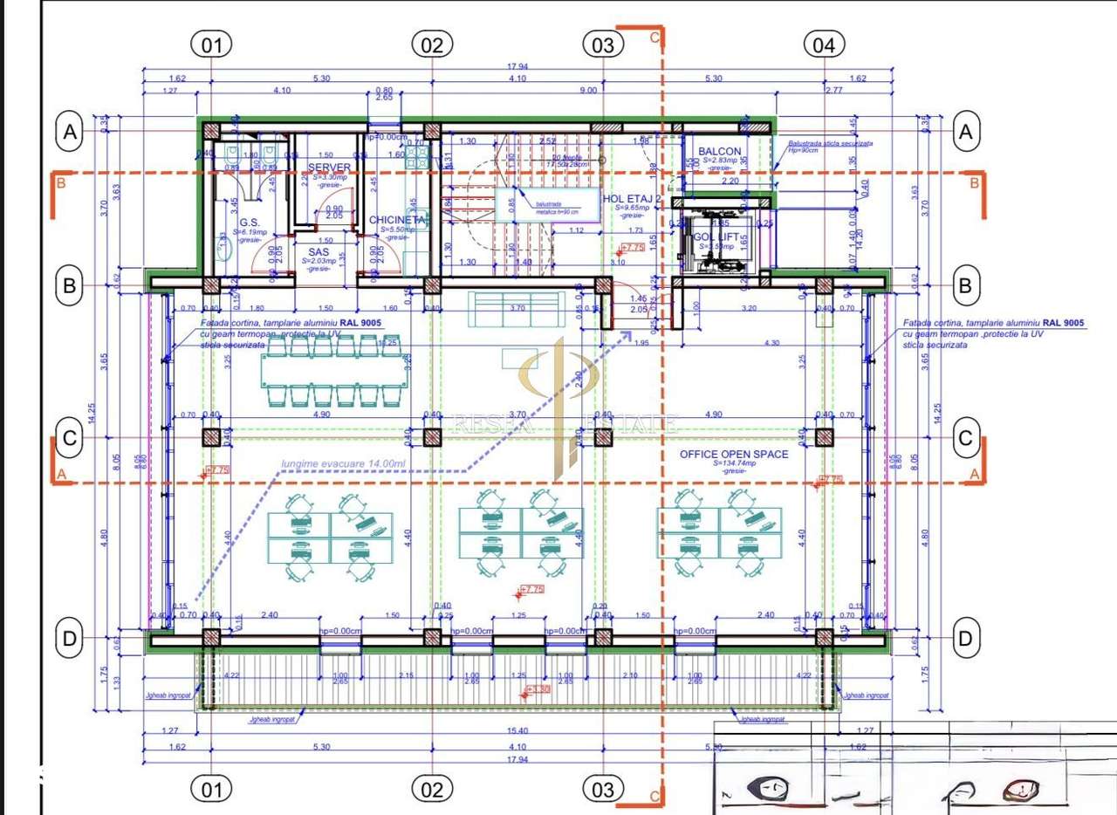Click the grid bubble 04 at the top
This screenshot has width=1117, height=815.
point(824,45)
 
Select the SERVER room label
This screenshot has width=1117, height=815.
point(329,168)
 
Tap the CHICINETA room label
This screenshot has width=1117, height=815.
point(395,220)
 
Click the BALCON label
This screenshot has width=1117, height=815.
point(719,151)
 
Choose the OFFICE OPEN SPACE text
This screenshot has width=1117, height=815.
point(734,454)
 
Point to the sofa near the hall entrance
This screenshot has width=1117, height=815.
point(515,307)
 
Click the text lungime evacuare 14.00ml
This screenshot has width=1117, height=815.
point(343,463)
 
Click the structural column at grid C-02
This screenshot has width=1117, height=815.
point(432,438)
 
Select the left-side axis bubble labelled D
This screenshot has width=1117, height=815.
point(70,639)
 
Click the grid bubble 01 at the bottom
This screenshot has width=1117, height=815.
point(211,790)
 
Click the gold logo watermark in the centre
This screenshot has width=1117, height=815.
point(558,393)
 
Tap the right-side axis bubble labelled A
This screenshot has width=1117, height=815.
point(965,133)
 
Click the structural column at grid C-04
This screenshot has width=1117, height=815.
point(823,438)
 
